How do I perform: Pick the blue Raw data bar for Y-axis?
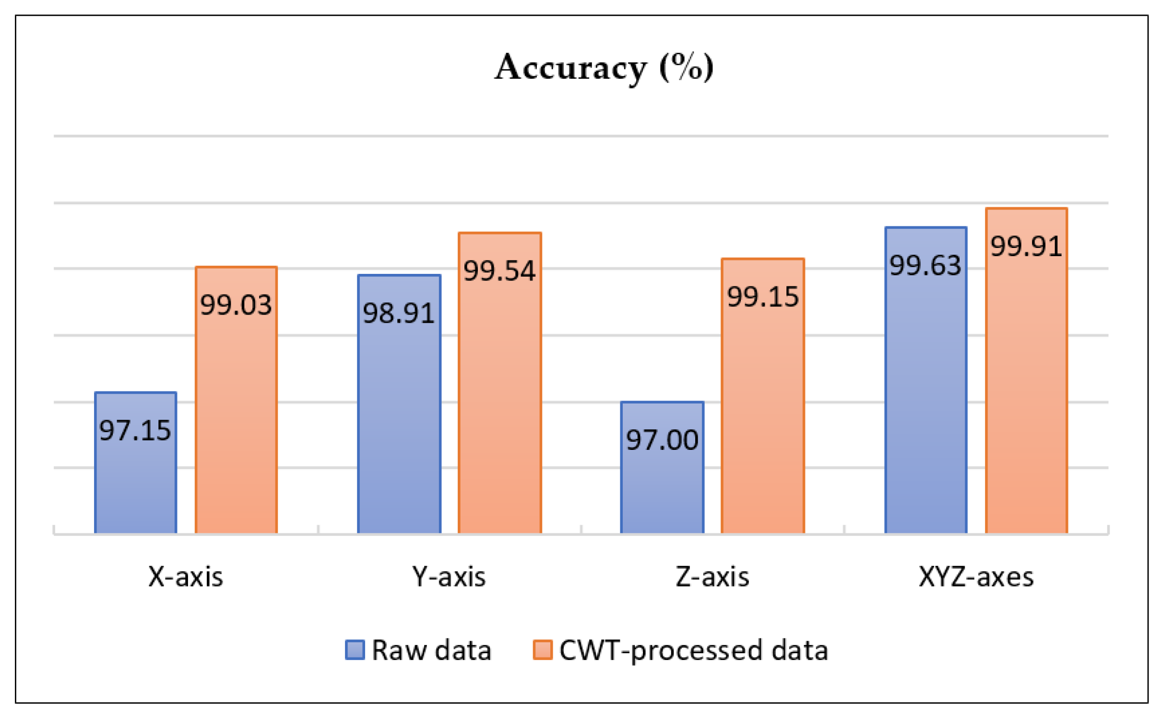tap(399, 422)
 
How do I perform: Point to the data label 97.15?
tap(135, 430)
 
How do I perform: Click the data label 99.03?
tap(236, 305)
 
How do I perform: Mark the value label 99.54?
tap(499, 271)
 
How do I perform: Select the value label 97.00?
tap(662, 440)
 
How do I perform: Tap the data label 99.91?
tap(1026, 247)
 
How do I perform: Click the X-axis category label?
tap(186, 577)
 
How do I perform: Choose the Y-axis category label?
tap(449, 577)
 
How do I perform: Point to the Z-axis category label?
tap(712, 577)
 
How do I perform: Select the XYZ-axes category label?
tap(976, 577)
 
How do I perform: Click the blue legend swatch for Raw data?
tap(355, 650)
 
